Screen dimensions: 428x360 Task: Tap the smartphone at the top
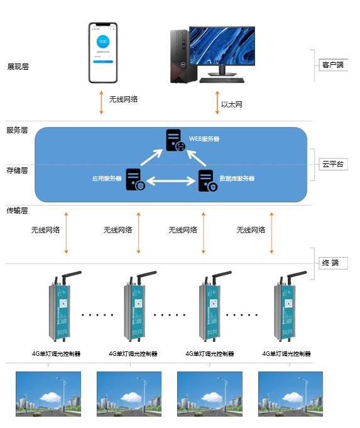(x=103, y=53)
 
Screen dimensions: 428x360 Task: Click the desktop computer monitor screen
(x=222, y=47)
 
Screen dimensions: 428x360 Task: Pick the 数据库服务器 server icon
(x=207, y=180)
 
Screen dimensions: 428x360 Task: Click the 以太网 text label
(x=231, y=104)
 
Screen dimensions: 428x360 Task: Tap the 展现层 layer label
(x=18, y=67)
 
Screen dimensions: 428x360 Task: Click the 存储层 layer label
(x=18, y=170)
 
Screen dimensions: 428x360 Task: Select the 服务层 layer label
(x=18, y=130)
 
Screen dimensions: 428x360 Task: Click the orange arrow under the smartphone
(x=101, y=102)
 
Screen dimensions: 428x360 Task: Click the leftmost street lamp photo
(x=48, y=393)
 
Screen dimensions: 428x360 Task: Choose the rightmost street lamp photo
(x=290, y=393)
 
